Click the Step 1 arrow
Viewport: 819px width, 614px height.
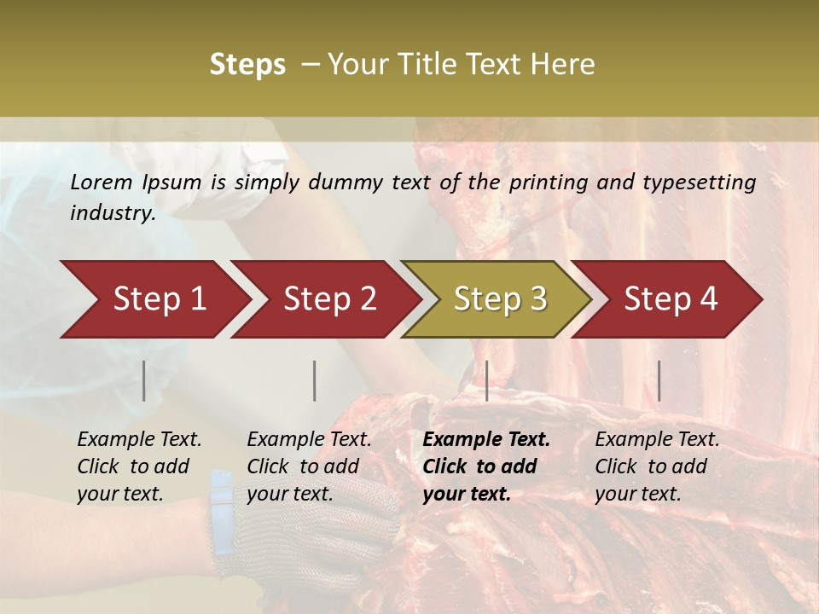coord(154,299)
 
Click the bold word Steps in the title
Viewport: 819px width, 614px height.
coord(247,65)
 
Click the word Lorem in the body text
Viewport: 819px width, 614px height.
coord(102,182)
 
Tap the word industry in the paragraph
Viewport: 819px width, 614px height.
coord(112,213)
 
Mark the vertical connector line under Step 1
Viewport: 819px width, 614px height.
coord(144,380)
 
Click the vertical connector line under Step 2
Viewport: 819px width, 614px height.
coord(315,380)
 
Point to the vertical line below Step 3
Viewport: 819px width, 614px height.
coord(486,380)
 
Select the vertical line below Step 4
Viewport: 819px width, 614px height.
coord(659,380)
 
